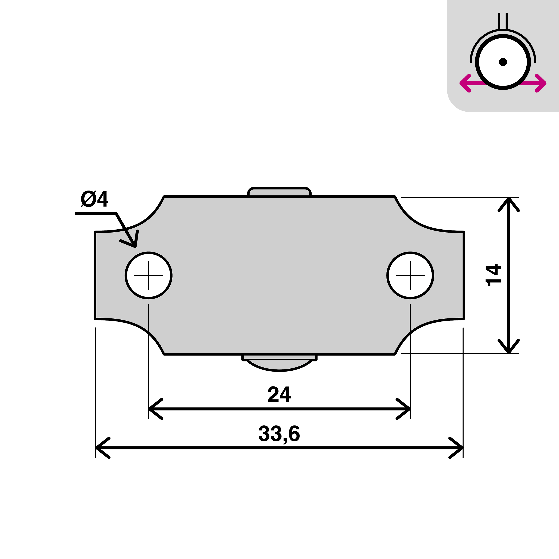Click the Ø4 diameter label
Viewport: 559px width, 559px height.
point(94,199)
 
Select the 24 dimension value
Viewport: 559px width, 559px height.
point(279,394)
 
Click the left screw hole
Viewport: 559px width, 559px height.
point(149,275)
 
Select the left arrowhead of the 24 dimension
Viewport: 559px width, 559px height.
point(153,409)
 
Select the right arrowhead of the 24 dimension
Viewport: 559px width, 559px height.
point(405,409)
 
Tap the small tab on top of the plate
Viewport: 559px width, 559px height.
point(279,192)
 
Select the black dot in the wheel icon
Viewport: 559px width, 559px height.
point(503,62)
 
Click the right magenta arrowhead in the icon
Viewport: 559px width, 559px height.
point(542,83)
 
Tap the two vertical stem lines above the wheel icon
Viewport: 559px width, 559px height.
point(503,21)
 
